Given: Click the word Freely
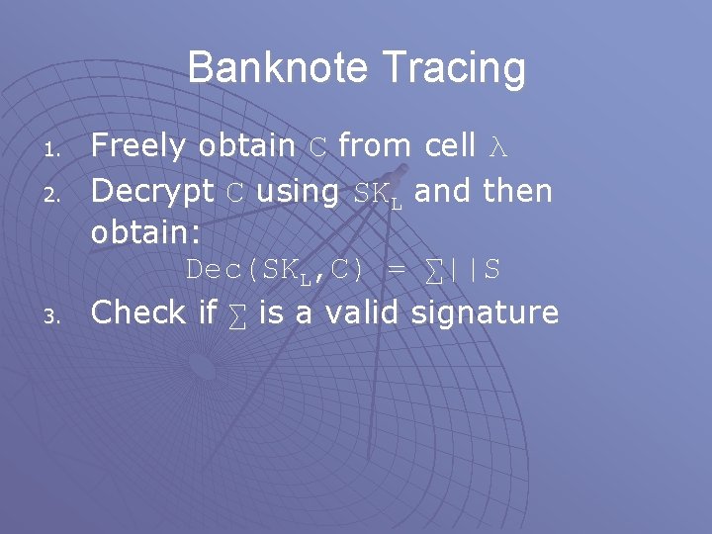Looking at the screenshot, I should tap(138, 146).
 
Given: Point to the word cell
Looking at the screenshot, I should tap(450, 146).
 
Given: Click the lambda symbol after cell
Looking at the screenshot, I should tap(496, 146).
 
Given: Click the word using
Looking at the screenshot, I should tap(297, 191).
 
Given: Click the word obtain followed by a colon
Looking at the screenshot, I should tap(145, 232).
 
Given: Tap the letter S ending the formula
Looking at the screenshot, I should tap(491, 270).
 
